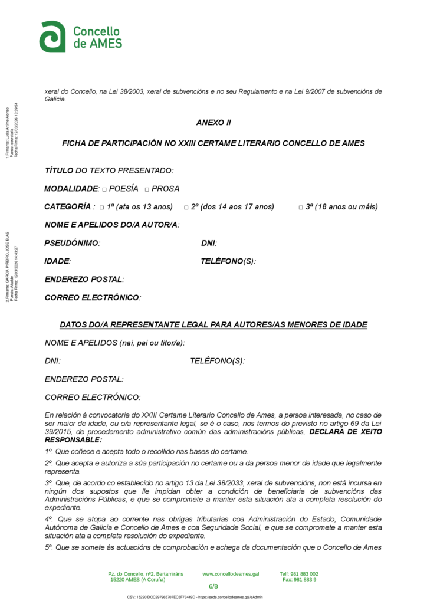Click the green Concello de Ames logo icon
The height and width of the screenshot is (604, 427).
click(x=52, y=37)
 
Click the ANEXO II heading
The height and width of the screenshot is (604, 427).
click(x=213, y=123)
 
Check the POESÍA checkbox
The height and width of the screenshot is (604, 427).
click(x=104, y=189)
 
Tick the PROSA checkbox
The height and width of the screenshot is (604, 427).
click(x=146, y=189)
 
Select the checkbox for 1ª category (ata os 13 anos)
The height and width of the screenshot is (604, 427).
click(x=102, y=208)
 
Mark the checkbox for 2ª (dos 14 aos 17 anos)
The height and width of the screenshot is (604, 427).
click(x=186, y=208)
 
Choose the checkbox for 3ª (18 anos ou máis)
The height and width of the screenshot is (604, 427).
click(x=301, y=208)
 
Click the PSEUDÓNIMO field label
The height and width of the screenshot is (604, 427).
click(x=72, y=243)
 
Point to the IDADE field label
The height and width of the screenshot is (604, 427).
click(x=58, y=261)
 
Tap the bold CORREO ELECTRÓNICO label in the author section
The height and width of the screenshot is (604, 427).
click(x=93, y=298)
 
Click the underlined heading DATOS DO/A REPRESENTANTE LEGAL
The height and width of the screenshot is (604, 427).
click(x=213, y=325)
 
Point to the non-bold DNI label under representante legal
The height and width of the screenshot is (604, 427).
click(x=52, y=361)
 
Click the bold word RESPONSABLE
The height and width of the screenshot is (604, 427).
click(x=73, y=439)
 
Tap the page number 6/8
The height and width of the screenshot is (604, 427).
click(x=213, y=586)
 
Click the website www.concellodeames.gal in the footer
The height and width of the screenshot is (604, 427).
click(x=231, y=573)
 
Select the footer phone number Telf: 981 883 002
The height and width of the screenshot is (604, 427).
click(x=299, y=573)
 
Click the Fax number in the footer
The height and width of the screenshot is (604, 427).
click(x=299, y=579)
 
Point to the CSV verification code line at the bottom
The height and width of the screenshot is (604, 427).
click(x=195, y=597)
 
